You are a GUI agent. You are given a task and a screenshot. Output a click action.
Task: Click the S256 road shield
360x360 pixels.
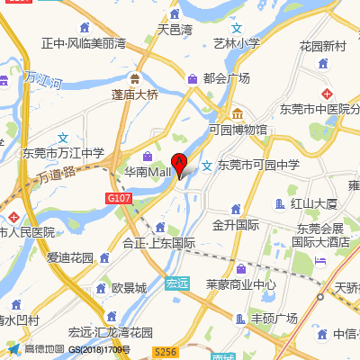164,352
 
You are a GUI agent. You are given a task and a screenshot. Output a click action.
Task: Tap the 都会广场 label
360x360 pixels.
226,79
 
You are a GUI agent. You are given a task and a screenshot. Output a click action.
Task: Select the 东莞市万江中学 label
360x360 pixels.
64,152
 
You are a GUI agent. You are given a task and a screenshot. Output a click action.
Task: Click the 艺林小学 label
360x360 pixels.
237,42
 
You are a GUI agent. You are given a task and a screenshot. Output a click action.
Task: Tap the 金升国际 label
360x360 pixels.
235,224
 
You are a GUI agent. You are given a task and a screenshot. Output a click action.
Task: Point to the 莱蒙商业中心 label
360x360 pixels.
240,285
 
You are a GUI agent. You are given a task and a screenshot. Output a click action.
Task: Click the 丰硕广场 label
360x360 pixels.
274,318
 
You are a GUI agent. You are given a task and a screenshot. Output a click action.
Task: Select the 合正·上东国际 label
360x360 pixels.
159,242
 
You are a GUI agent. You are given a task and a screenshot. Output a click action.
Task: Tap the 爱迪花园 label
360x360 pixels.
70,257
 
